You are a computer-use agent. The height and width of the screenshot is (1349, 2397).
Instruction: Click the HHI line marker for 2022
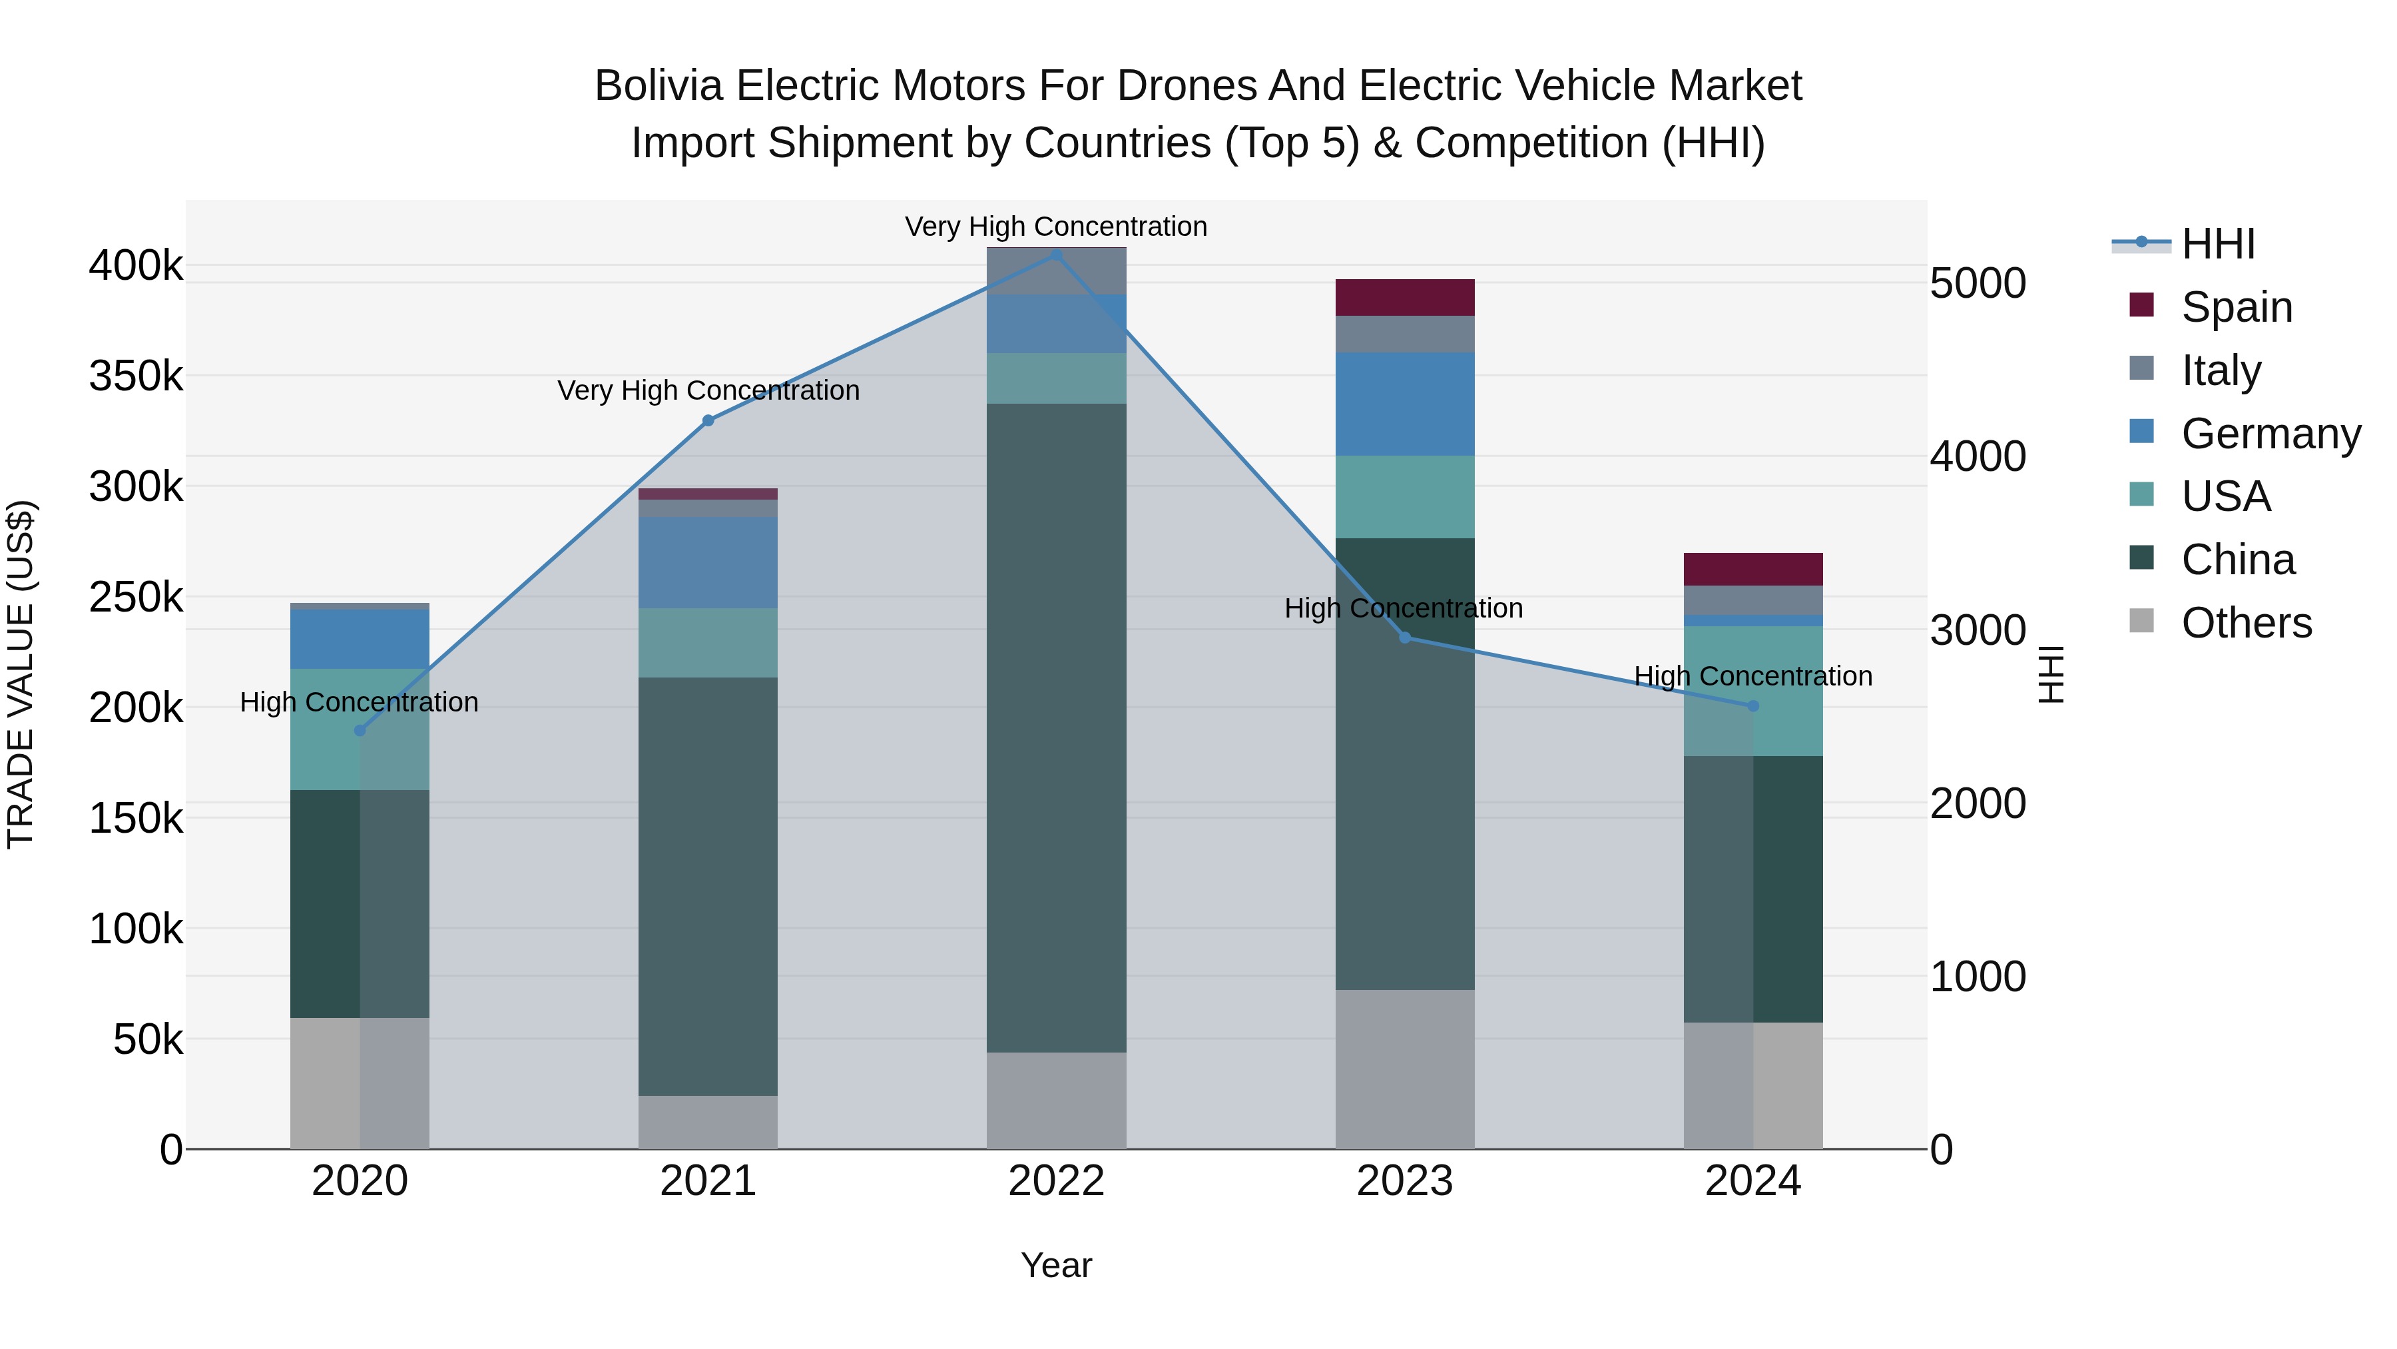tap(1056, 255)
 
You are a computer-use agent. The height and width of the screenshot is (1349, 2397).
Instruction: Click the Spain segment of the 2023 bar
tap(1405, 298)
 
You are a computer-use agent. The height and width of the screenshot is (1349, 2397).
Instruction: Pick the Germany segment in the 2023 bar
tap(1405, 404)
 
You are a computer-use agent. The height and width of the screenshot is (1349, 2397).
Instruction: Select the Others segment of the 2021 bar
tap(708, 1122)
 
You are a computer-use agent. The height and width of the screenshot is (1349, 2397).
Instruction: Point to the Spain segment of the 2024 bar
tap(1753, 570)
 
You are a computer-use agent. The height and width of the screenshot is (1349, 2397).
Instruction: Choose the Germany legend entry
tap(2270, 434)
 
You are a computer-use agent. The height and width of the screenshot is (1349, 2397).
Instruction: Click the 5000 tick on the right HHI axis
tap(1978, 284)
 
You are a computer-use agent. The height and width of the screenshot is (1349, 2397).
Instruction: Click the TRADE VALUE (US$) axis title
tap(21, 674)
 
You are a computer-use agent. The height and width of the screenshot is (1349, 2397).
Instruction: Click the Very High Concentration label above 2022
tap(1056, 227)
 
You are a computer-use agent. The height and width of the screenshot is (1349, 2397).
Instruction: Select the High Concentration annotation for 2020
tap(359, 703)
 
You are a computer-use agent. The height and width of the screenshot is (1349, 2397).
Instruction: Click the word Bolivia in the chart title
tap(658, 87)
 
